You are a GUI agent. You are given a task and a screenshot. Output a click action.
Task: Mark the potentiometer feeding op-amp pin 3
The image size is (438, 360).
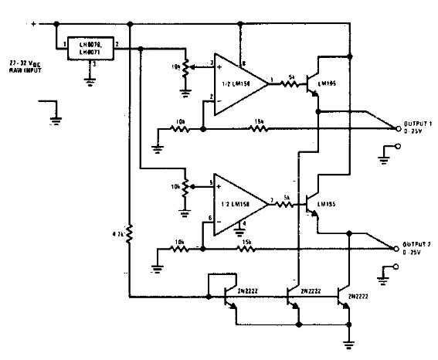pos(185,68)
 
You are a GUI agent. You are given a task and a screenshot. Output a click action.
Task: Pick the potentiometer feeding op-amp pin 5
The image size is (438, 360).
pos(185,188)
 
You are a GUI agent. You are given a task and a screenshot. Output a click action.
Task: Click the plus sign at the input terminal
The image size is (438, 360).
pos(33,24)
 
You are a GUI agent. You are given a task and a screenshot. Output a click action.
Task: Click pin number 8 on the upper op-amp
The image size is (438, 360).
pos(245,63)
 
